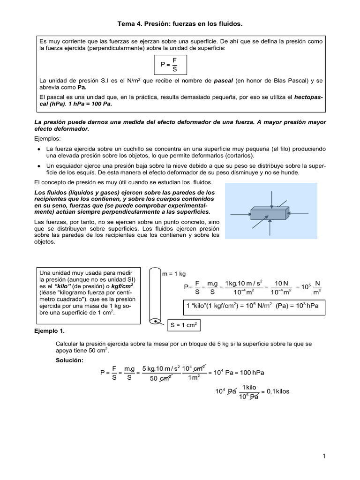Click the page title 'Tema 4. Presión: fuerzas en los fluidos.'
click(180, 23)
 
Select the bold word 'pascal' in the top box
click(223, 81)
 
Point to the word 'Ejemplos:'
click(47, 139)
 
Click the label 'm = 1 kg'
click(174, 274)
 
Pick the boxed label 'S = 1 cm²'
click(184, 324)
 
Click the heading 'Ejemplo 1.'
click(50, 331)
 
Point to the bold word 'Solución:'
click(69, 360)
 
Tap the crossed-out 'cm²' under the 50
click(165, 379)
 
